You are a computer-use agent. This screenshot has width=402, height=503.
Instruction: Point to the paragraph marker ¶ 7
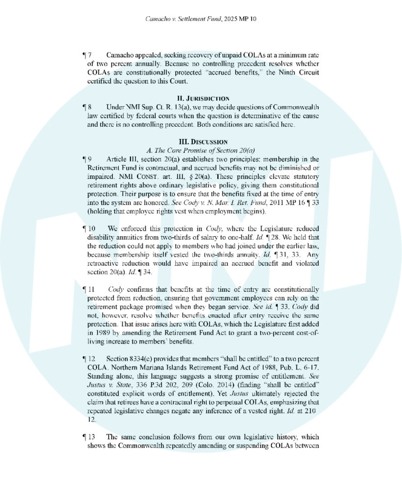[x=87, y=55]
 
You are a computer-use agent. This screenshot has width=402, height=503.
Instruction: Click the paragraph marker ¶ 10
[x=89, y=228]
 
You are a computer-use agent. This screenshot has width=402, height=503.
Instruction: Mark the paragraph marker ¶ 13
[x=89, y=437]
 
